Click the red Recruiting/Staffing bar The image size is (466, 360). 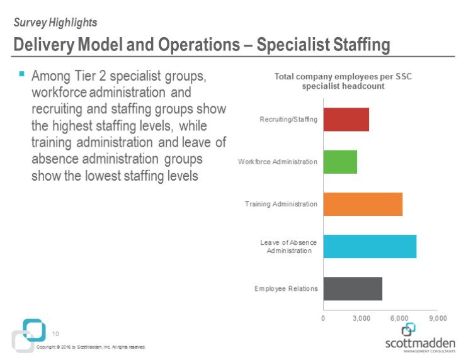346,120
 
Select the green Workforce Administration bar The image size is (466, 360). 340,162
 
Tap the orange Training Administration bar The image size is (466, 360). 363,204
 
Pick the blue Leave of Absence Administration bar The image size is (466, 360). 370,246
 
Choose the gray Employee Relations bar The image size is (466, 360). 353,288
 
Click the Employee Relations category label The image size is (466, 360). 286,288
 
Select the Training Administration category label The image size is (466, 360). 281,204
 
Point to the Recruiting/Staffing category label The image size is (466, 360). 288,120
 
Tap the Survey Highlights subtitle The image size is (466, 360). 55,23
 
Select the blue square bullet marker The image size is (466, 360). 21,74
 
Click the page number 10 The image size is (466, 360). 55,334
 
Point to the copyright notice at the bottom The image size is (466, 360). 91,347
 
